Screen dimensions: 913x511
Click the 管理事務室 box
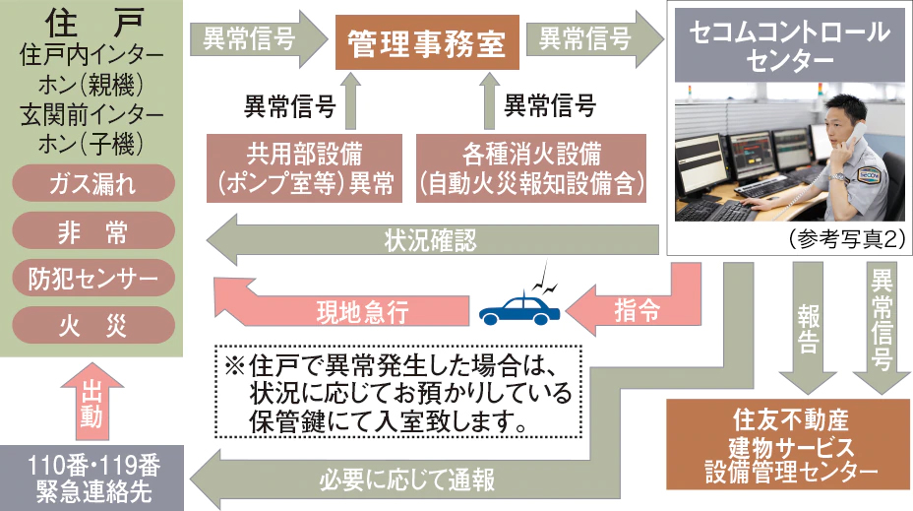(x=427, y=42)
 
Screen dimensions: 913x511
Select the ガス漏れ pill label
(x=93, y=183)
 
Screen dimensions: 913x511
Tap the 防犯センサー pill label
(x=93, y=278)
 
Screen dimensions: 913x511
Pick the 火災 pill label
(x=93, y=325)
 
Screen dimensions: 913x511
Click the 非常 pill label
(x=93, y=230)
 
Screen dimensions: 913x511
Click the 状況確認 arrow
(x=432, y=239)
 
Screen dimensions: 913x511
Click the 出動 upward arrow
(x=91, y=402)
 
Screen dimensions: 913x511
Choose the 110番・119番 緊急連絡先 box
(x=92, y=478)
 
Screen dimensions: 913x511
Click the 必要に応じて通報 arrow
(x=407, y=479)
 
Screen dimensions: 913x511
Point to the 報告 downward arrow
(x=808, y=328)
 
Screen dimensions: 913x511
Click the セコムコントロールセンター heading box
(x=789, y=45)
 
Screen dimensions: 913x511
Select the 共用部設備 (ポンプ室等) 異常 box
(x=305, y=168)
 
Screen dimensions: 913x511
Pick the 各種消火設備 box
(x=531, y=168)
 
